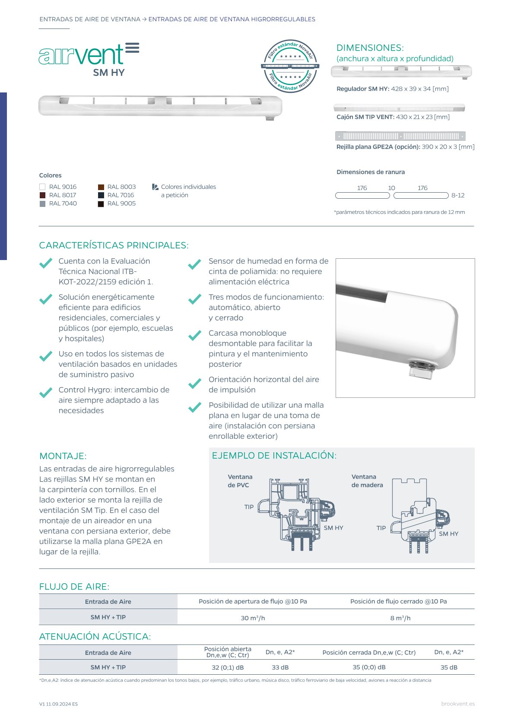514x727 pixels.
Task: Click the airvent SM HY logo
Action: tap(89, 60)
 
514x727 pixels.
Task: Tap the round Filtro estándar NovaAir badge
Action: tap(290, 67)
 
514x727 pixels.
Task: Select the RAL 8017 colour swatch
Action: tap(42, 195)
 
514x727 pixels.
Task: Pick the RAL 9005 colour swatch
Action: tap(101, 204)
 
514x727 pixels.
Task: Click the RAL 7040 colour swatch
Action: tap(42, 204)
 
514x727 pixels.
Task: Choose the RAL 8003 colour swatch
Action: tap(101, 187)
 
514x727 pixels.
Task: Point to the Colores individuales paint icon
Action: tap(155, 187)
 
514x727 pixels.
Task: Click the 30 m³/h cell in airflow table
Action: tap(253, 618)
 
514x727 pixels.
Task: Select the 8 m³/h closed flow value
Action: tap(400, 618)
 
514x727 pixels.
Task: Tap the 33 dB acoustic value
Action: tap(280, 667)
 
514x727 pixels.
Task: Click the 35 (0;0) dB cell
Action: tap(369, 667)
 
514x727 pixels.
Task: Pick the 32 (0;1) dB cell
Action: tap(228, 667)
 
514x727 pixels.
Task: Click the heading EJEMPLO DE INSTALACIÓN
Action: tap(274, 455)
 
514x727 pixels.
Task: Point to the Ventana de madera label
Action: tap(367, 481)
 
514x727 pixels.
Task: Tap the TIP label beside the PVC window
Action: tap(249, 507)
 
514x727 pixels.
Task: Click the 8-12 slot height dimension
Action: tap(458, 195)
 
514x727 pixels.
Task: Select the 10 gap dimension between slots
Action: tap(391, 188)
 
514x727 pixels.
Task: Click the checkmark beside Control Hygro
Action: tap(46, 393)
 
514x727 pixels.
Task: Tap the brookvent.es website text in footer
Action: tap(458, 704)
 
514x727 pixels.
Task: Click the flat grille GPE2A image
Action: tap(400, 136)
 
